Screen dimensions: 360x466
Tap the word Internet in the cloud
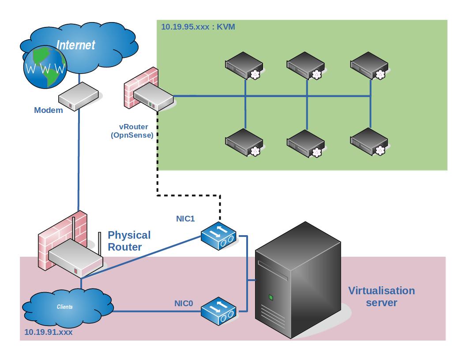[x=76, y=45]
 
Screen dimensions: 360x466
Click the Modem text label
[x=49, y=110]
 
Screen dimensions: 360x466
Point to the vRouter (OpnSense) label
[x=132, y=131]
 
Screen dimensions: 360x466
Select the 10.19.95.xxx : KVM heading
[x=198, y=27]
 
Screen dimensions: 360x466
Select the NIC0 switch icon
[x=218, y=310]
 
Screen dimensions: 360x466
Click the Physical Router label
[x=129, y=241]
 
